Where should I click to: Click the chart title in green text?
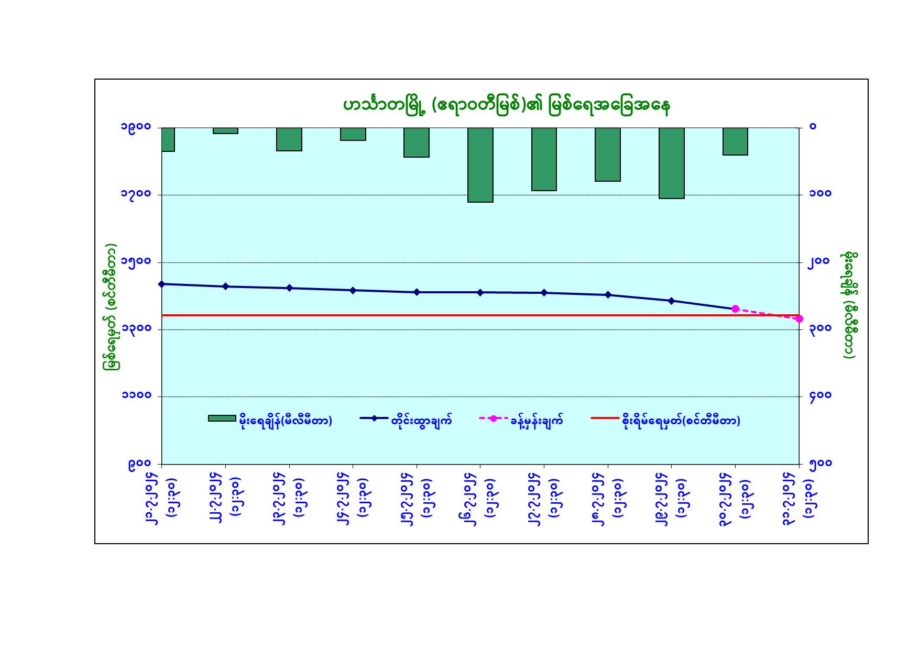coord(506,105)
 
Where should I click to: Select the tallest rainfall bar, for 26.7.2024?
coord(480,164)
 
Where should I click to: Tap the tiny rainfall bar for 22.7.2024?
coord(225,130)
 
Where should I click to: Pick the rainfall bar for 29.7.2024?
coord(671,163)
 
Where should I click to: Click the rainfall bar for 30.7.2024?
coord(735,141)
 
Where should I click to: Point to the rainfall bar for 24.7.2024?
coord(353,134)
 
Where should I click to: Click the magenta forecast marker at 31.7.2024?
coord(799,318)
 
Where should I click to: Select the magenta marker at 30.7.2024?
coord(735,309)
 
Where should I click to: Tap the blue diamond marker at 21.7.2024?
coord(162,284)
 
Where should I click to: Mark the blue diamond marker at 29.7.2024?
coord(671,301)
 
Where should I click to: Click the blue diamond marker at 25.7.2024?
coord(417,292)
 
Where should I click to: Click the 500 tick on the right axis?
coord(820,464)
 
